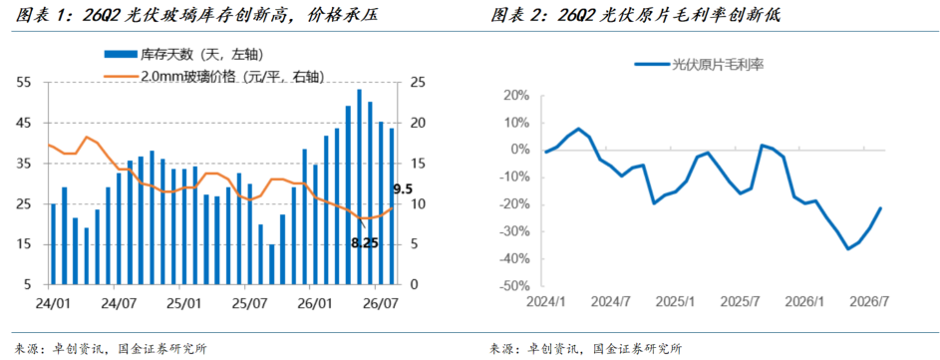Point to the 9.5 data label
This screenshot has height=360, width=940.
(x=403, y=189)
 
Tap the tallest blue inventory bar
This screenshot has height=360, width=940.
(x=359, y=186)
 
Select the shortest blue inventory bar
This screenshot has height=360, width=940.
(x=271, y=264)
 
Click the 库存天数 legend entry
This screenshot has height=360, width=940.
(x=183, y=55)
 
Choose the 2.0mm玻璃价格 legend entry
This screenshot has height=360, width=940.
(x=214, y=77)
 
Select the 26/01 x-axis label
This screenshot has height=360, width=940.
(x=315, y=299)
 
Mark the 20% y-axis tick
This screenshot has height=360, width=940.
(x=519, y=96)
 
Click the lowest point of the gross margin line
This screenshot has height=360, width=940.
(x=848, y=249)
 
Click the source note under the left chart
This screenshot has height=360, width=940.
(x=112, y=349)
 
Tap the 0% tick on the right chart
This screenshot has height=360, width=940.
(x=522, y=150)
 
